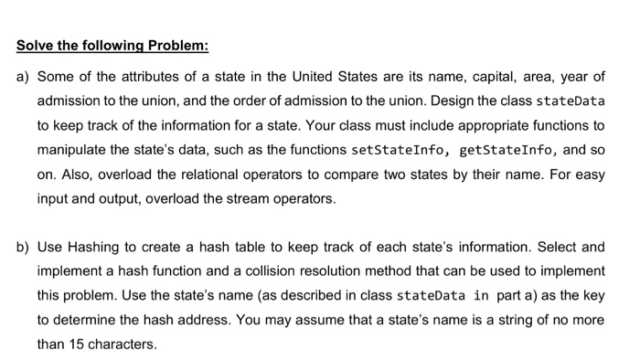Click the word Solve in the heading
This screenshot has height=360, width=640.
tap(35, 47)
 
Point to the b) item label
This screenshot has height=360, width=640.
tap(23, 247)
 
